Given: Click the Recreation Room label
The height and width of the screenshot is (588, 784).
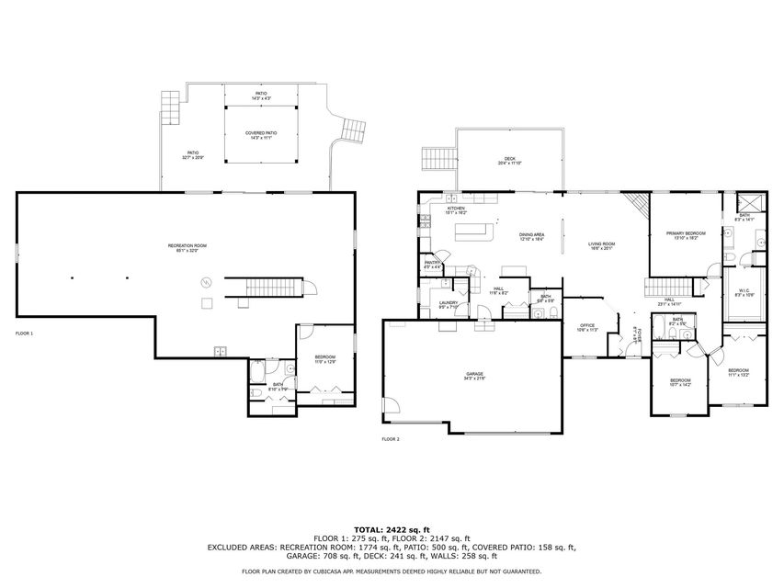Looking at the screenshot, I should point(187,247).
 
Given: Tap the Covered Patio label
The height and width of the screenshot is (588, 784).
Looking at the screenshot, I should point(261,135).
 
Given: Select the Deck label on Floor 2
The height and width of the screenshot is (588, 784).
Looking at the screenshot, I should point(509,161).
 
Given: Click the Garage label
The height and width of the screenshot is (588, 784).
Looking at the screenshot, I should point(474,376).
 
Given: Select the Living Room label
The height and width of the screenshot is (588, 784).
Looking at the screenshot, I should point(601,245).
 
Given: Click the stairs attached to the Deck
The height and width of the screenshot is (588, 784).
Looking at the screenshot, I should point(437,161).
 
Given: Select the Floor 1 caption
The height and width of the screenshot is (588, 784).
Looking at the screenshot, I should point(24,333).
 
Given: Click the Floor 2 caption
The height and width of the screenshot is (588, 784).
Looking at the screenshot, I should point(392,439).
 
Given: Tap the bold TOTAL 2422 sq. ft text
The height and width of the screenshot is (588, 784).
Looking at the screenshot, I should point(392,529).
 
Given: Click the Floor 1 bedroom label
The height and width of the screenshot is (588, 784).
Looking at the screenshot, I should point(325,359).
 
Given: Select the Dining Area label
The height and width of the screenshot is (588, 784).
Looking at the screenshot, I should point(531,236).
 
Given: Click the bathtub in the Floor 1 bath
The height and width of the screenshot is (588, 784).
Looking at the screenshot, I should point(257,371).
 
